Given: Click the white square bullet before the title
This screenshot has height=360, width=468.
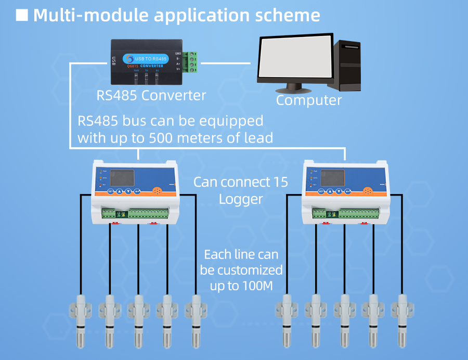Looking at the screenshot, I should (22, 15).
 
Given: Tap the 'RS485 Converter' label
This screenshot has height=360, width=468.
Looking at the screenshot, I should (151, 95).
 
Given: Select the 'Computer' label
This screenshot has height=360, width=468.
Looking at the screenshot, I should (309, 100).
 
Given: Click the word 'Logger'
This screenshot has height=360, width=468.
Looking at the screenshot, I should (241, 199).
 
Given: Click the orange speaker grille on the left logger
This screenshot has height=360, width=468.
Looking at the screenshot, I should (158, 191).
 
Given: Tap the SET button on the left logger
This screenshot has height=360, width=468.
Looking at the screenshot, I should (110, 191).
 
